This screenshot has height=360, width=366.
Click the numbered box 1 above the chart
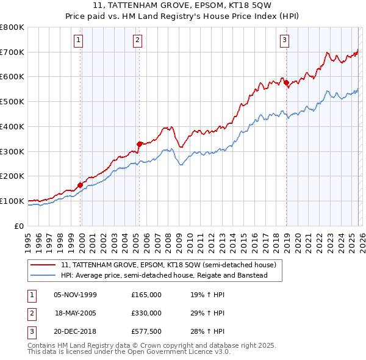[79, 41]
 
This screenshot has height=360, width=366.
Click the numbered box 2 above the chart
[138, 41]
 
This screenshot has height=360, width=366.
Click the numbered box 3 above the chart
[284, 41]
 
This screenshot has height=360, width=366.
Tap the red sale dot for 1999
[80, 185]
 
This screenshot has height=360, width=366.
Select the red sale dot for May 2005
[140, 144]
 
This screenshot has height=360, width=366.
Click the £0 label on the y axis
[20, 226]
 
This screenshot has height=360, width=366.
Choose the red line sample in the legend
[44, 265]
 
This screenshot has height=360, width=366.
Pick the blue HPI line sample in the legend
[44, 276]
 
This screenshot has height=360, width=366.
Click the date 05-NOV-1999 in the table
[75, 295]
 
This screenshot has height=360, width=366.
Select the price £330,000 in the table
[146, 313]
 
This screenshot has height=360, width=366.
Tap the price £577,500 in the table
[146, 331]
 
